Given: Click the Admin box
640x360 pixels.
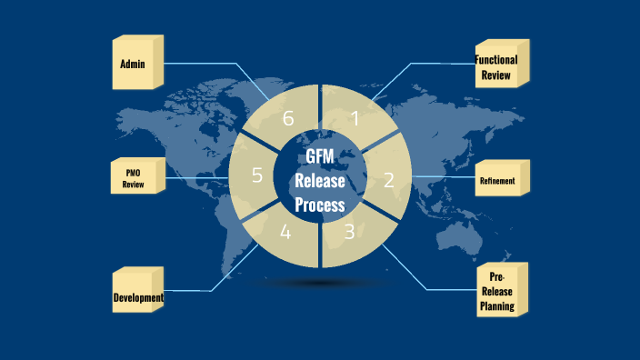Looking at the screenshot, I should pyautogui.click(x=135, y=65).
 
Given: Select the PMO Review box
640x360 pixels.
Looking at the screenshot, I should pyautogui.click(x=135, y=179).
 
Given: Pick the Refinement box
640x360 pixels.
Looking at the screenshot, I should pyautogui.click(x=497, y=181).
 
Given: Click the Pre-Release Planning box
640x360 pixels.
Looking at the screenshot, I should pyautogui.click(x=497, y=292).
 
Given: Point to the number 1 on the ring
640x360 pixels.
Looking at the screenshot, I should pyautogui.click(x=355, y=118).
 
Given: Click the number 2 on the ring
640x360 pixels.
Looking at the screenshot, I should pyautogui.click(x=388, y=180).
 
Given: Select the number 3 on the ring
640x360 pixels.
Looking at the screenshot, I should pyautogui.click(x=349, y=232).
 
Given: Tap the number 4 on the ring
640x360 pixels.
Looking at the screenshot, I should pyautogui.click(x=285, y=232).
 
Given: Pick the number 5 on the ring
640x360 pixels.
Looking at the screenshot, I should pyautogui.click(x=257, y=175).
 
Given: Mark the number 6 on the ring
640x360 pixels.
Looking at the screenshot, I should pyautogui.click(x=288, y=119).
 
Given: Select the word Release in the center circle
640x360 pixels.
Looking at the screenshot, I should pyautogui.click(x=320, y=181).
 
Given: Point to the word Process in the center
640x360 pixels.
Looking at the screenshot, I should pyautogui.click(x=320, y=205).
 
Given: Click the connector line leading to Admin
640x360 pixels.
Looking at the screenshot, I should pyautogui.click(x=209, y=64).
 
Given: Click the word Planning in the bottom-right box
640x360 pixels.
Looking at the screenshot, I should pyautogui.click(x=497, y=306).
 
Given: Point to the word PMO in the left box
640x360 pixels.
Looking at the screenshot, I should pyautogui.click(x=134, y=172).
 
